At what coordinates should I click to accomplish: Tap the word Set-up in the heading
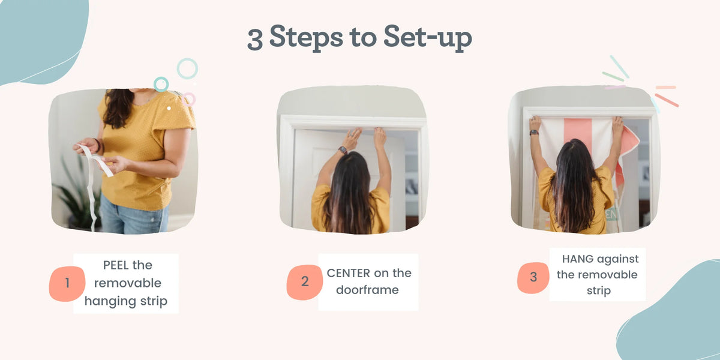point(427,38)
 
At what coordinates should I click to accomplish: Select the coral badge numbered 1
point(67,283)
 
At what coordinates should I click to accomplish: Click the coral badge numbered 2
point(304,282)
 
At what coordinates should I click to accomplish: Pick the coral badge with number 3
point(533,277)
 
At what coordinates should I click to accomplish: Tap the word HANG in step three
point(578,259)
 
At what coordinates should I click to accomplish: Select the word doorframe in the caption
point(367,290)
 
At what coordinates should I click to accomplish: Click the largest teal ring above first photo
point(187,68)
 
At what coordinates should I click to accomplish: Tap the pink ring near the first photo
point(188,100)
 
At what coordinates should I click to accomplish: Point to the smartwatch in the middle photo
point(343,150)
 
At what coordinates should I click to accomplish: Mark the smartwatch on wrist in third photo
point(534,133)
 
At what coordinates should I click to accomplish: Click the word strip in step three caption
point(599,291)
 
